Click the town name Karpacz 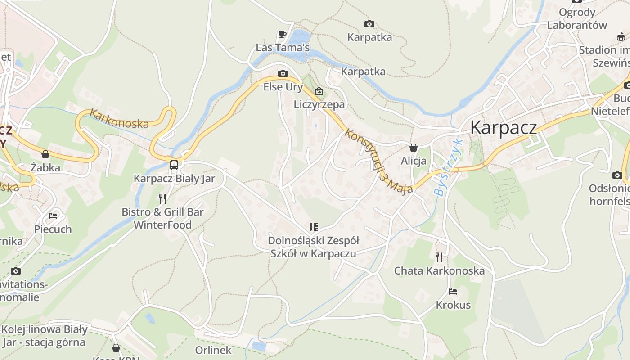(x=503, y=128)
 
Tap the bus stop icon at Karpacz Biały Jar (x=174, y=165)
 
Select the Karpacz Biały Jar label (x=174, y=179)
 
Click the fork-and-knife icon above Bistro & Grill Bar (x=162, y=198)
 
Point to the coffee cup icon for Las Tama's (x=282, y=34)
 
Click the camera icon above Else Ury (x=283, y=73)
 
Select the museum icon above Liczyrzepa (x=319, y=91)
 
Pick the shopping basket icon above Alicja (x=413, y=148)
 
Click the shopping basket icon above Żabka (x=45, y=154)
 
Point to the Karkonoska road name (x=119, y=118)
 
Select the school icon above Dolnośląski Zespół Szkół (x=313, y=227)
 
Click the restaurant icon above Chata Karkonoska (x=439, y=257)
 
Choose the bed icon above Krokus (x=453, y=292)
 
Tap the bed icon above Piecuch (x=53, y=216)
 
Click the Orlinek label (x=213, y=350)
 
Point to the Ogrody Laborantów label (x=577, y=18)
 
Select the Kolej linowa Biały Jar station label (x=44, y=336)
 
